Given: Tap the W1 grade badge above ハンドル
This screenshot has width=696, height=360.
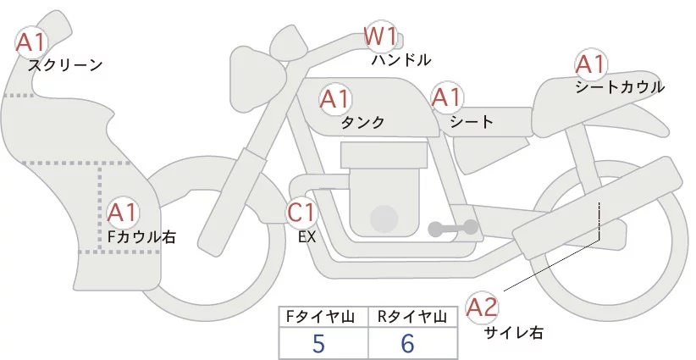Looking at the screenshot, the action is tap(380, 37).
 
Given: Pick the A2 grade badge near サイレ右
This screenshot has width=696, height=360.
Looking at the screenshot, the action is tap(483, 307).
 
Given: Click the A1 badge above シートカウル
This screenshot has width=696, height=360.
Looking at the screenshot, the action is tap(589, 64).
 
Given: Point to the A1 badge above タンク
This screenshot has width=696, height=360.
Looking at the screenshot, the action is tap(335, 100).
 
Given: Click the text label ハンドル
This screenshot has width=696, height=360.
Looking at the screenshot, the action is tap(401, 60).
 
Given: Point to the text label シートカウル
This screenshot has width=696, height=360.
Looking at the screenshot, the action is tap(620, 86).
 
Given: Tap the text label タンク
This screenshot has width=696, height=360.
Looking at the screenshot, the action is tap(362, 122).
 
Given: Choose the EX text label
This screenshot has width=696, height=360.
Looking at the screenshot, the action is tap(307, 237).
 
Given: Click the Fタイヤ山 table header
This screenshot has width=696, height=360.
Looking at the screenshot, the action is tap(323, 316).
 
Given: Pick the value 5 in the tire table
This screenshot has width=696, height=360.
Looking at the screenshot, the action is tap(318, 344).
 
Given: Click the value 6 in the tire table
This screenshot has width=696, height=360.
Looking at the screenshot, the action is tap(408, 344).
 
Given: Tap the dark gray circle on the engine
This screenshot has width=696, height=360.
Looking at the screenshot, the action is tap(386, 219).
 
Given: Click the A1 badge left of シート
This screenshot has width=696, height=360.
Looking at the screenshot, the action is tap(447, 98).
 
